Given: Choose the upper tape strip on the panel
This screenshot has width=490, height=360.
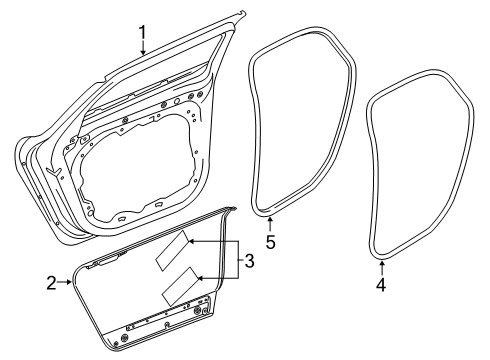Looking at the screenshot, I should (x=169, y=250).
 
